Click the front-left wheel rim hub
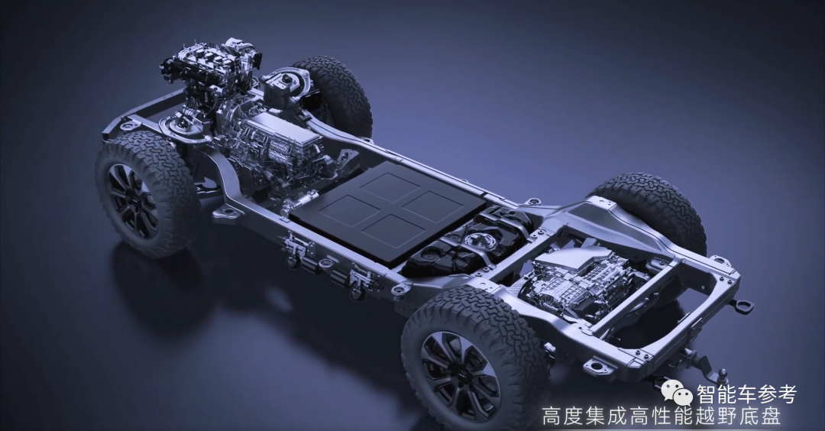click(x=132, y=200)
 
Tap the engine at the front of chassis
click(x=211, y=69)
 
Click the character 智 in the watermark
click(x=707, y=394)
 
